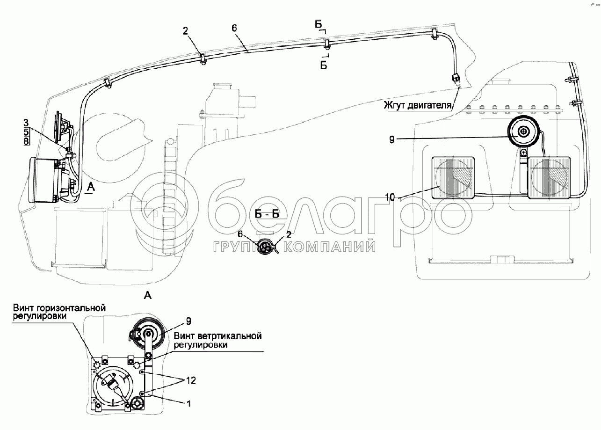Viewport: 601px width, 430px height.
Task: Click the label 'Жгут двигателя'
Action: [x=418, y=105]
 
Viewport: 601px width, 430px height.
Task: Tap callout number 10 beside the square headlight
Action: [x=391, y=197]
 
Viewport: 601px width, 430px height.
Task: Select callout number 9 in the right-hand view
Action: [x=392, y=140]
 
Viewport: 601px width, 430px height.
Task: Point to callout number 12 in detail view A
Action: [x=191, y=380]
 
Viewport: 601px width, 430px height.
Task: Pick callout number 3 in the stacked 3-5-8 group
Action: [x=26, y=123]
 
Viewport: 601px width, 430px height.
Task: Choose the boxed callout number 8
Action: [x=26, y=141]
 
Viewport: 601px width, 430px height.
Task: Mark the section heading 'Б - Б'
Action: [x=267, y=214]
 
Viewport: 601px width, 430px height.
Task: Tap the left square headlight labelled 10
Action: [x=453, y=178]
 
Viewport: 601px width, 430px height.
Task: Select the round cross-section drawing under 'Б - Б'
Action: [x=265, y=246]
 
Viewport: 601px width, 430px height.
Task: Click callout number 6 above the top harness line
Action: [x=234, y=28]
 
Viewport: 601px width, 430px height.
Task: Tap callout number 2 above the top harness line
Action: [x=185, y=31]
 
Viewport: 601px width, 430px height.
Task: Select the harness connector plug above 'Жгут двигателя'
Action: [x=456, y=80]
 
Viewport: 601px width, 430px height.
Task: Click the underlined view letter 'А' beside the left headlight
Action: [x=91, y=187]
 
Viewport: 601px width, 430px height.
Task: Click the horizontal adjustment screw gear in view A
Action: [x=97, y=364]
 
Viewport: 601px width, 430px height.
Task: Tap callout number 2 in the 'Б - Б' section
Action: [x=289, y=234]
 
